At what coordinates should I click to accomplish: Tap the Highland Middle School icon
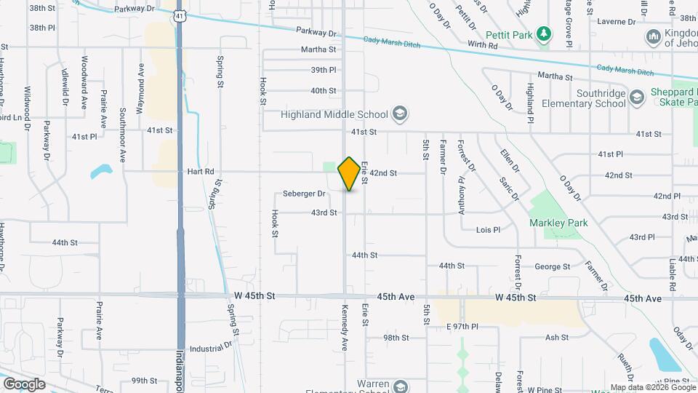(x=399, y=114)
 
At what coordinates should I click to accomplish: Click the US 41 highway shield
(x=179, y=15)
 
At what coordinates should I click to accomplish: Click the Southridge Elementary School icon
(x=637, y=98)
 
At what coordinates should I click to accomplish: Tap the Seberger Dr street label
(x=304, y=194)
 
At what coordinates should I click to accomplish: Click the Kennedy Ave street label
(x=345, y=336)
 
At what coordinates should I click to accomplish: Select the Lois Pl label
(x=488, y=230)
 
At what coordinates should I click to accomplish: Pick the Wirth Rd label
(x=483, y=45)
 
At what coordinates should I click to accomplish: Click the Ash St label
(x=556, y=337)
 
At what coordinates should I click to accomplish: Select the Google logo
(x=24, y=384)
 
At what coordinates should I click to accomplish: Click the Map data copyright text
(x=652, y=388)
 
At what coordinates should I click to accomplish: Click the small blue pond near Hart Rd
(x=101, y=172)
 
